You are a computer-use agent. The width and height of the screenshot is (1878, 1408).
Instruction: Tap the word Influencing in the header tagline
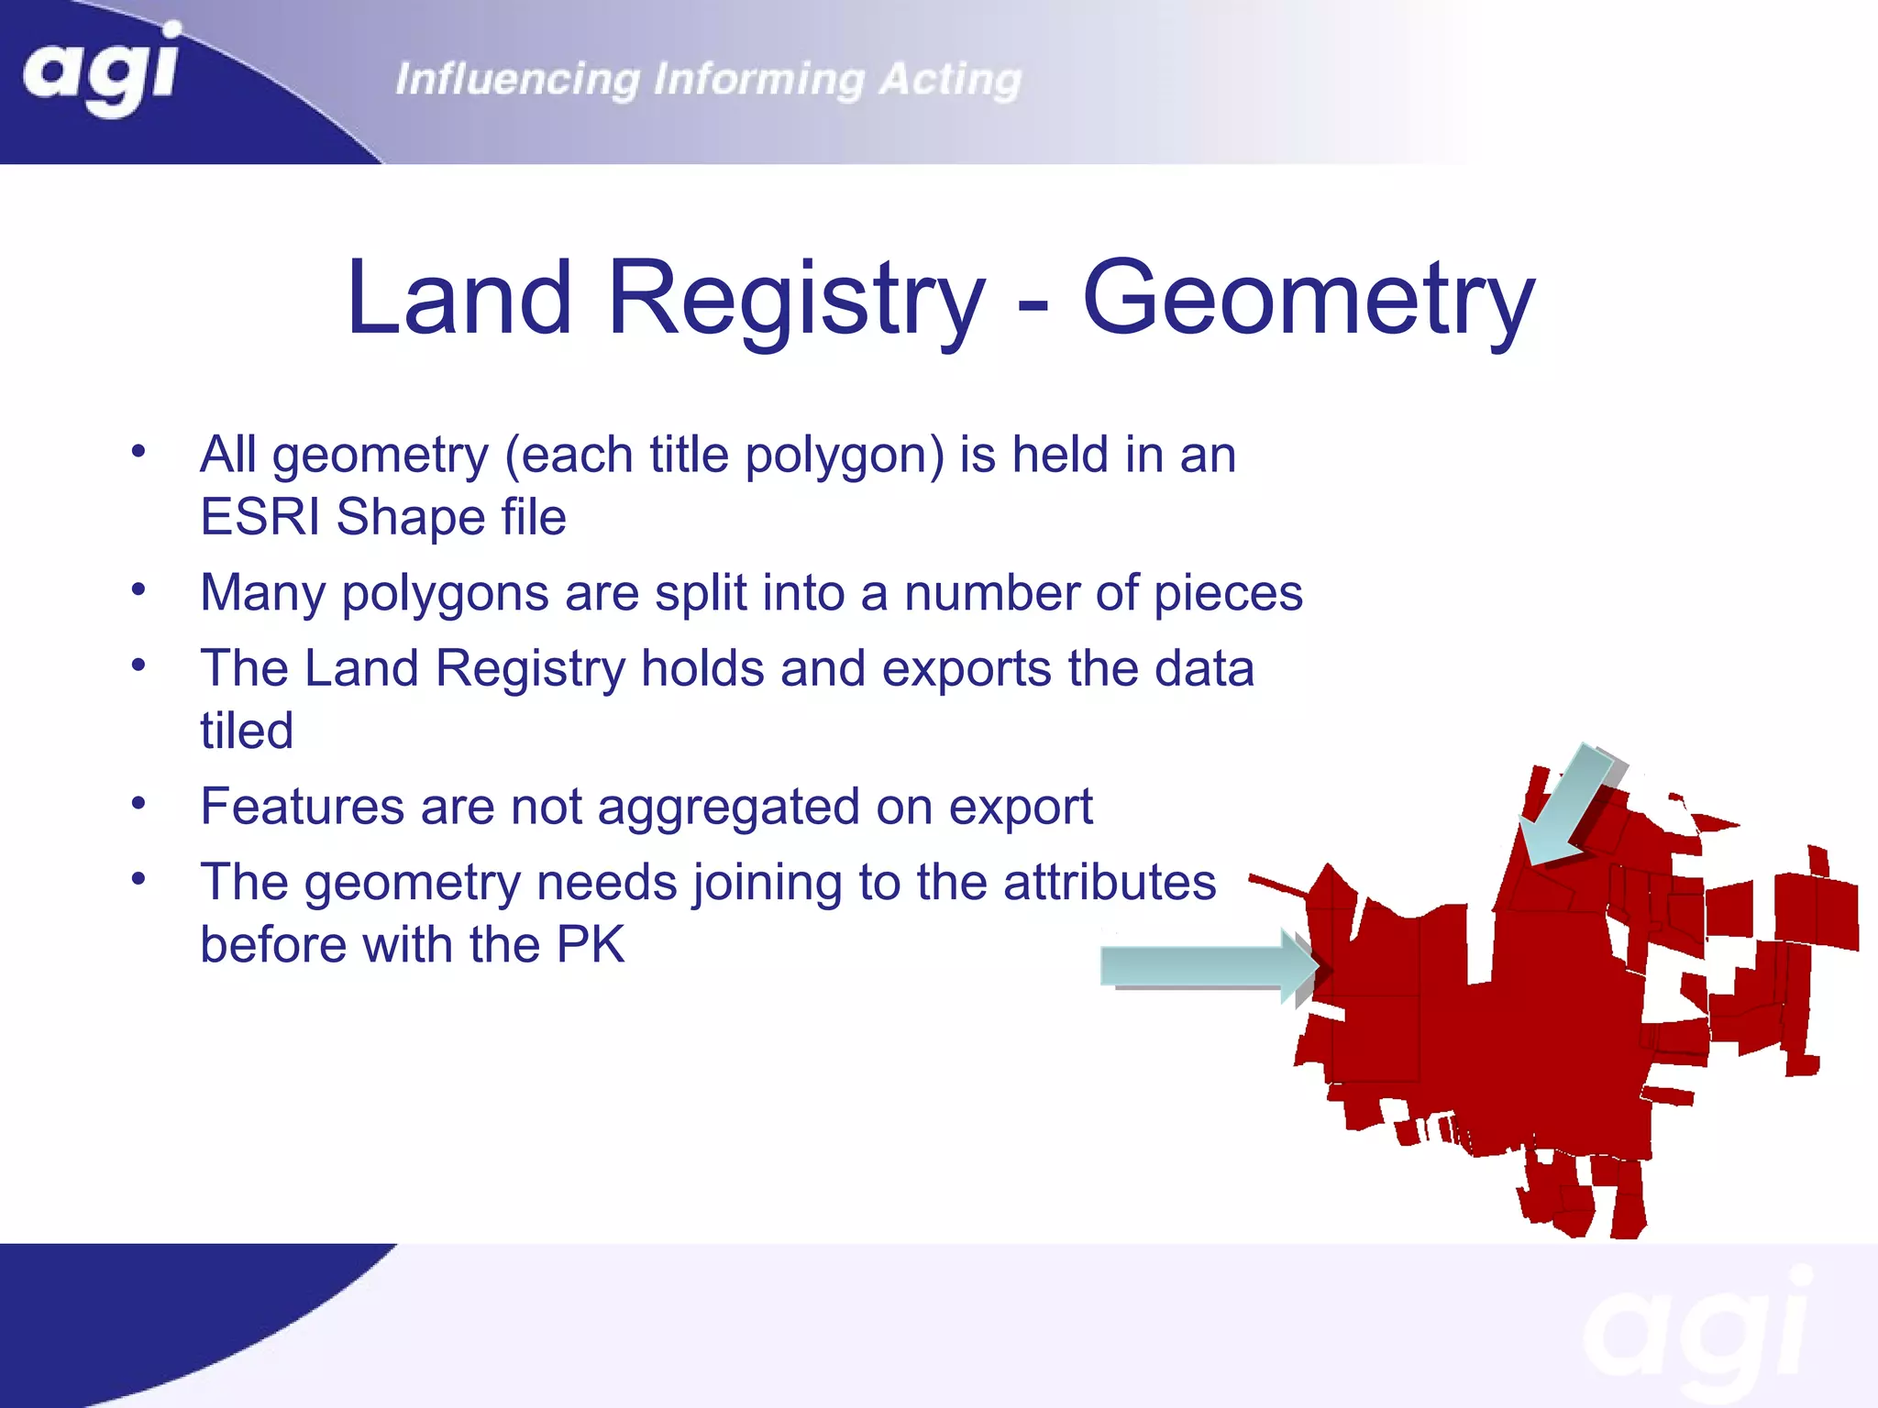click(x=517, y=80)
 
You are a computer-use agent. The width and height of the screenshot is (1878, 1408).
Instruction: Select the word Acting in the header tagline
click(x=950, y=80)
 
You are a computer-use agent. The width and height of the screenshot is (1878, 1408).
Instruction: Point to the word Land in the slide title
click(x=459, y=298)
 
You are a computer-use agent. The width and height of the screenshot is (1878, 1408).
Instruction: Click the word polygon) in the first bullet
click(x=845, y=456)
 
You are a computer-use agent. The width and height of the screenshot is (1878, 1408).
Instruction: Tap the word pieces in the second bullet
click(x=1228, y=593)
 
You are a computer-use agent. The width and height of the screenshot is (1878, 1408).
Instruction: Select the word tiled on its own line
click(x=247, y=731)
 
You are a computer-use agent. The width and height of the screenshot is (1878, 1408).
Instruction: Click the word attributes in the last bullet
click(x=1110, y=883)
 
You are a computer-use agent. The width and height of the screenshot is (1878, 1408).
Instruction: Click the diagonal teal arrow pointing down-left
click(x=1568, y=807)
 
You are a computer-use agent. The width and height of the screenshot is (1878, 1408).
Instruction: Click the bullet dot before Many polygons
click(x=138, y=589)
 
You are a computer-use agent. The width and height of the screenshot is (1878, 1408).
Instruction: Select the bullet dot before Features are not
click(x=138, y=804)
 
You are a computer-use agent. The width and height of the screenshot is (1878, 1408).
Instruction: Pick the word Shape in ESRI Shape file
click(x=410, y=517)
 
